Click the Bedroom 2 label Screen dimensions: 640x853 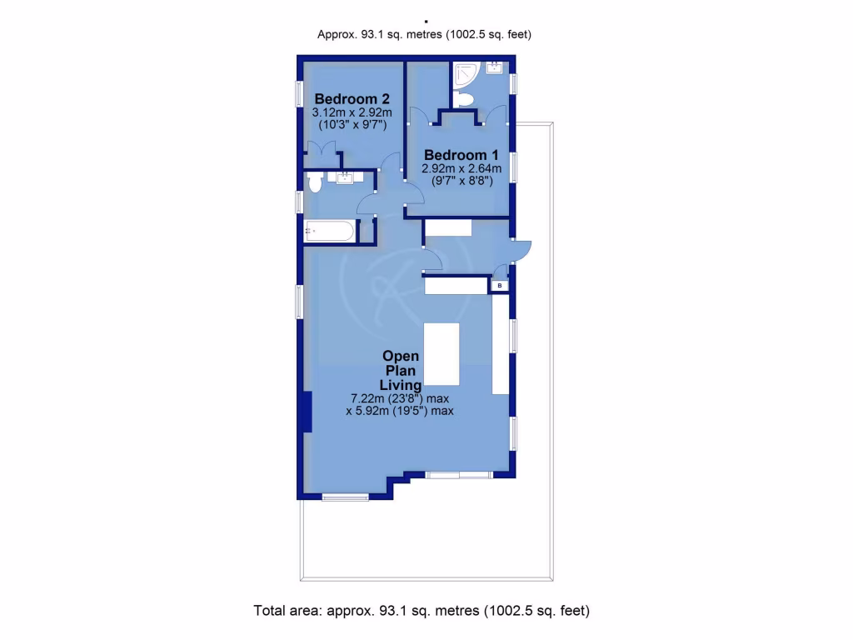click(x=339, y=98)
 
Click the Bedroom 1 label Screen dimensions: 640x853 click(x=461, y=155)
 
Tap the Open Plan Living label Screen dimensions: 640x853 click(x=400, y=370)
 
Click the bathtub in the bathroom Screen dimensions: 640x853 click(x=330, y=231)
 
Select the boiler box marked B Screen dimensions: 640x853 click(x=499, y=286)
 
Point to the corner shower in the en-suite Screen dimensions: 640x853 click(x=463, y=76)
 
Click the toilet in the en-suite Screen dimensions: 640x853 click(x=465, y=100)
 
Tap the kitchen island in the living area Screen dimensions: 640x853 click(x=442, y=357)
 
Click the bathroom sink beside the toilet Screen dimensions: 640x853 click(x=343, y=177)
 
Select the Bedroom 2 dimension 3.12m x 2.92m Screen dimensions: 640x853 click(x=340, y=112)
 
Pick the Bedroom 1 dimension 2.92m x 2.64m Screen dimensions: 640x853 click(x=461, y=168)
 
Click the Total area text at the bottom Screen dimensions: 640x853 click(x=422, y=611)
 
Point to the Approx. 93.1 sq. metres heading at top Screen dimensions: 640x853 click(x=425, y=34)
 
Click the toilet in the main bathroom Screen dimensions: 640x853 click(x=314, y=181)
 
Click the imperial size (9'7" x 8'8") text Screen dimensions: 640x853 click(x=461, y=180)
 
